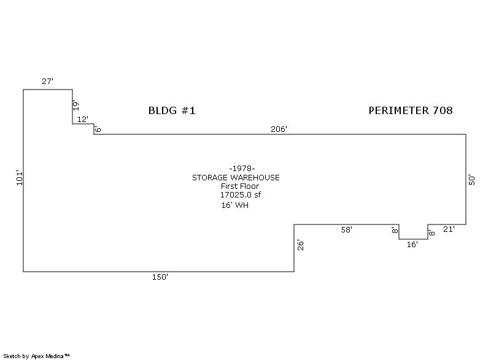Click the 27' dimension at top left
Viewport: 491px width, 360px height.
(x=48, y=82)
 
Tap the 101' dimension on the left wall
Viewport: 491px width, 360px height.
(x=20, y=178)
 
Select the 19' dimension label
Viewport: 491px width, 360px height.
(x=75, y=105)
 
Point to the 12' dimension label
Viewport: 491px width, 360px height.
(x=83, y=119)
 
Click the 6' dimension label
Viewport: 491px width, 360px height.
(x=98, y=129)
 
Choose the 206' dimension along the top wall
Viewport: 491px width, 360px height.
(x=279, y=129)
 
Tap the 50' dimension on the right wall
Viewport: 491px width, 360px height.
(x=471, y=180)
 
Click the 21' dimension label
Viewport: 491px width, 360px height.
(x=449, y=229)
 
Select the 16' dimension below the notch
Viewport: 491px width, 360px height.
(x=412, y=245)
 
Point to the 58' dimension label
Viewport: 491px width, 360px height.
(x=347, y=230)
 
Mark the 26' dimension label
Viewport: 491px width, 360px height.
(x=301, y=245)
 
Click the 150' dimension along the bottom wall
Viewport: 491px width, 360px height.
(x=160, y=277)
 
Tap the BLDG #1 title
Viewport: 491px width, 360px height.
(x=172, y=110)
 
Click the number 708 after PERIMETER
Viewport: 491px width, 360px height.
(x=443, y=110)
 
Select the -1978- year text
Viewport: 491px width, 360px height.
(x=242, y=169)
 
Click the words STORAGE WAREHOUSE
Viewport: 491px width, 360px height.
(x=236, y=178)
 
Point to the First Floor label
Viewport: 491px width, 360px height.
(x=240, y=186)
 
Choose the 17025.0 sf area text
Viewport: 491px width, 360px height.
(x=241, y=195)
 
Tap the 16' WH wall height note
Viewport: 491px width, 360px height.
(x=235, y=205)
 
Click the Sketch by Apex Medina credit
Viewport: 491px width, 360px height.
(x=37, y=356)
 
